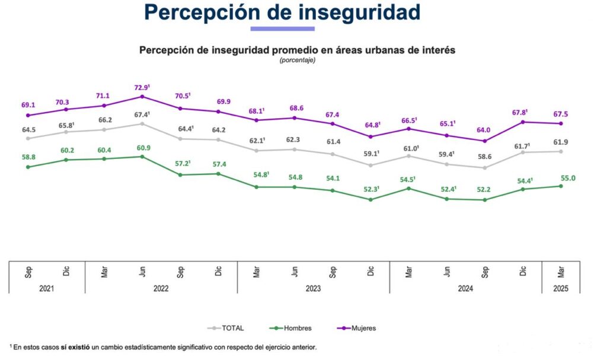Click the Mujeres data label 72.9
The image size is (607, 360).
click(x=142, y=87)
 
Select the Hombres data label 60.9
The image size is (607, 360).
click(x=142, y=147)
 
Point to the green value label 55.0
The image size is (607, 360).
click(x=561, y=177)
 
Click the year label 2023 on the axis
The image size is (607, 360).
click(x=313, y=288)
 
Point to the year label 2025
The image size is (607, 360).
click(x=561, y=288)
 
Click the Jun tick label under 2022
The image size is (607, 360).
click(x=142, y=272)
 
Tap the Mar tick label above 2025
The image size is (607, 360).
click(x=561, y=272)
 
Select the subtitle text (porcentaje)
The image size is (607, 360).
click(x=298, y=60)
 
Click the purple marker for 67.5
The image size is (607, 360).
click(x=561, y=123)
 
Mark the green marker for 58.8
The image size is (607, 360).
click(x=28, y=167)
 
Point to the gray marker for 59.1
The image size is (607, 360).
click(x=370, y=165)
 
